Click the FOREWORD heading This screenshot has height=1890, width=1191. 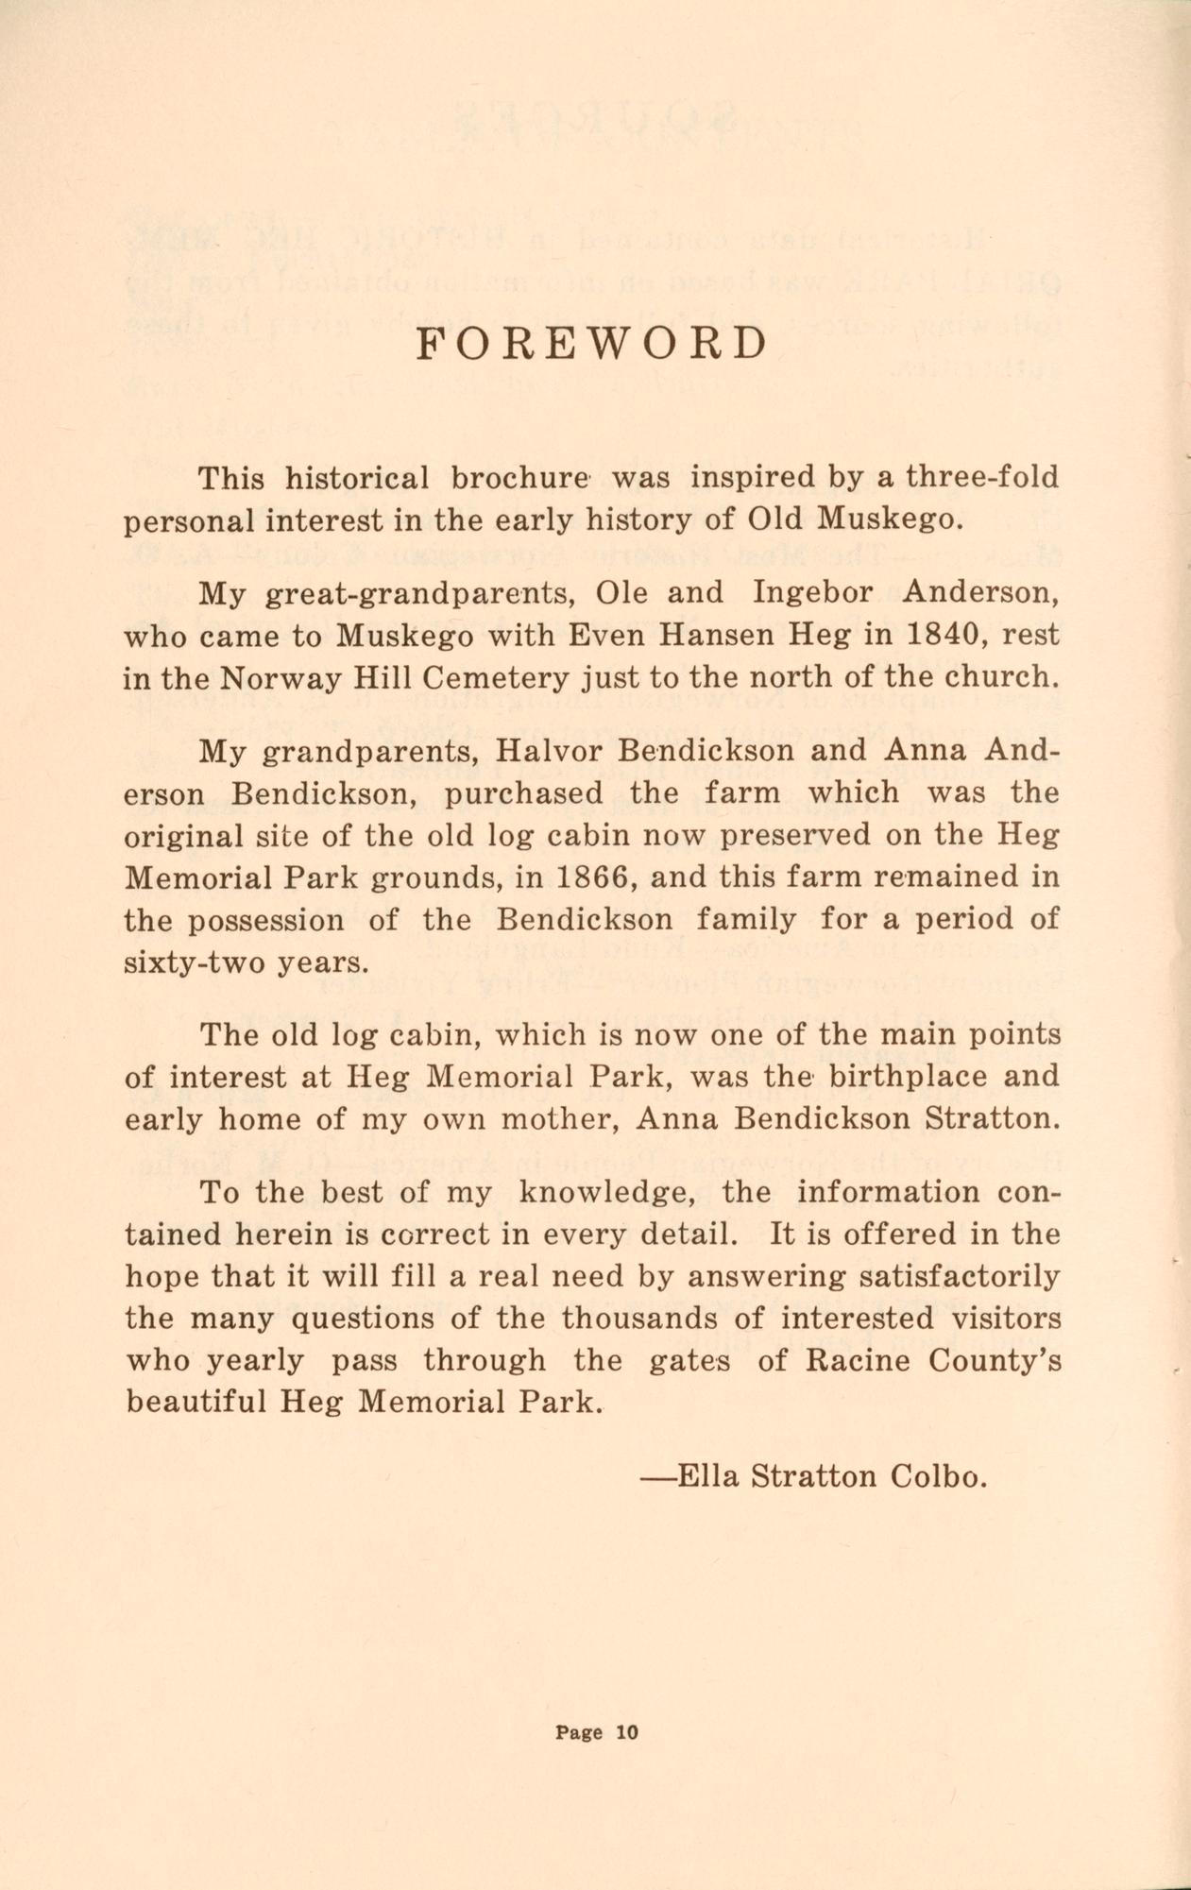(x=592, y=345)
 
